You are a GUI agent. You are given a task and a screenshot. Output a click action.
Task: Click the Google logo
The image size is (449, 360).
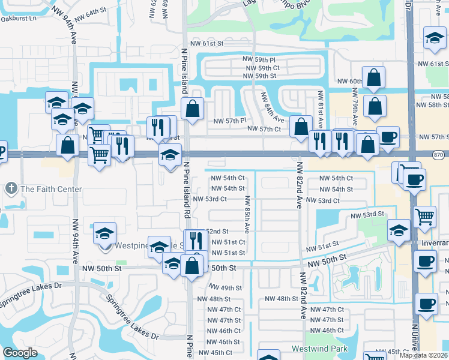pyautogui.click(x=20, y=353)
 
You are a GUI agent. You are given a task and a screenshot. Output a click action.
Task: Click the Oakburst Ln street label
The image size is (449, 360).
pyautogui.click(x=18, y=18)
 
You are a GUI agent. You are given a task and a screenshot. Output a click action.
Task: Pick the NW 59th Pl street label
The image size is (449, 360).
pyautogui.click(x=259, y=60)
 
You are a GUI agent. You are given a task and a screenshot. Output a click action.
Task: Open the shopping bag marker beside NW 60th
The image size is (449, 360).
pyautogui.click(x=373, y=79)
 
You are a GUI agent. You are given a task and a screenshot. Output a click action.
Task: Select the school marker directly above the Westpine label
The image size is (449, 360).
pyautogui.click(x=105, y=233)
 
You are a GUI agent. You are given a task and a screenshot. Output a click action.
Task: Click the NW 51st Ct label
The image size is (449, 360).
pyautogui.click(x=226, y=242)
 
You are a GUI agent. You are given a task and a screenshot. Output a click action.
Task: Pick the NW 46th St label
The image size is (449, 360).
pyautogui.click(x=224, y=341)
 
